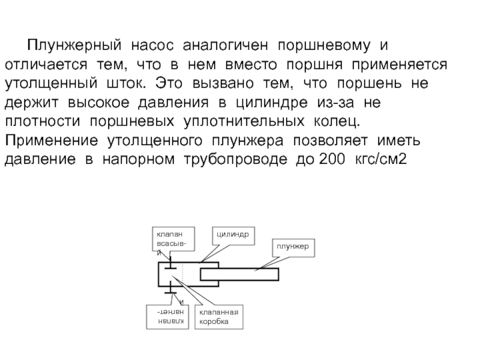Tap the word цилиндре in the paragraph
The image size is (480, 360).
(262, 103)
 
